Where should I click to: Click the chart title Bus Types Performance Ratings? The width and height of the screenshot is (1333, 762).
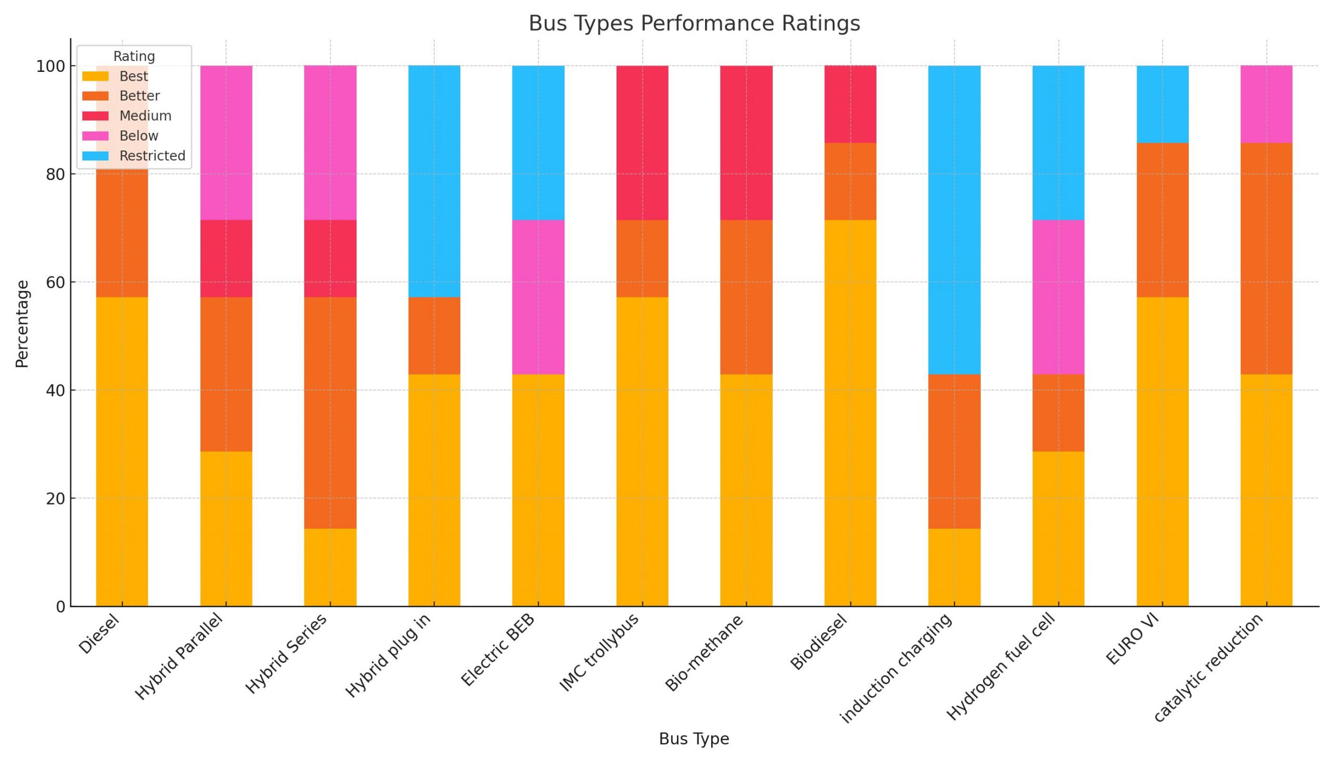coord(694,23)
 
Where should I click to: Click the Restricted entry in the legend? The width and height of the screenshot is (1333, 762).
coord(152,156)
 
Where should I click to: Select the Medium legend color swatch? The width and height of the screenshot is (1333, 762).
coord(95,116)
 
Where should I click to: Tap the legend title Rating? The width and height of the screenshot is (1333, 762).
coord(134,57)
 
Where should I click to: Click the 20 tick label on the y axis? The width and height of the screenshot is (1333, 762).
coord(55,499)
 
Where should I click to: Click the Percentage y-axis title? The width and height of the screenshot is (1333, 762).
coord(22,324)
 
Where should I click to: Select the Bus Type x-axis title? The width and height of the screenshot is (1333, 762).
coord(694,739)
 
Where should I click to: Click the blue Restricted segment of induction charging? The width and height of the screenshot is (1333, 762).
coord(954,220)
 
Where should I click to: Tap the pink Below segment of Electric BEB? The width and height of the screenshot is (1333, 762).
coord(538,297)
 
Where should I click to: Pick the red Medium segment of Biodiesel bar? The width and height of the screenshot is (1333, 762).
coord(850,104)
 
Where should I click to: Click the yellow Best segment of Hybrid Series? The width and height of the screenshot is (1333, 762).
coord(330,567)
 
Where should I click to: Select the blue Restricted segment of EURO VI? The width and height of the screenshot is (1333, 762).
coord(1162,104)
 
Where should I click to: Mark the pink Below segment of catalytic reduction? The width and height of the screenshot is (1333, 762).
coord(1266,104)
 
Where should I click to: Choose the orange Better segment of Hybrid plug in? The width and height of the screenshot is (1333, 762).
coord(434,335)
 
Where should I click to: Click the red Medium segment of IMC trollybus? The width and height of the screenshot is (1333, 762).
coord(642,142)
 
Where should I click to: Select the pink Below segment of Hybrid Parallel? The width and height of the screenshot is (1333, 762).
coord(226,142)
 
